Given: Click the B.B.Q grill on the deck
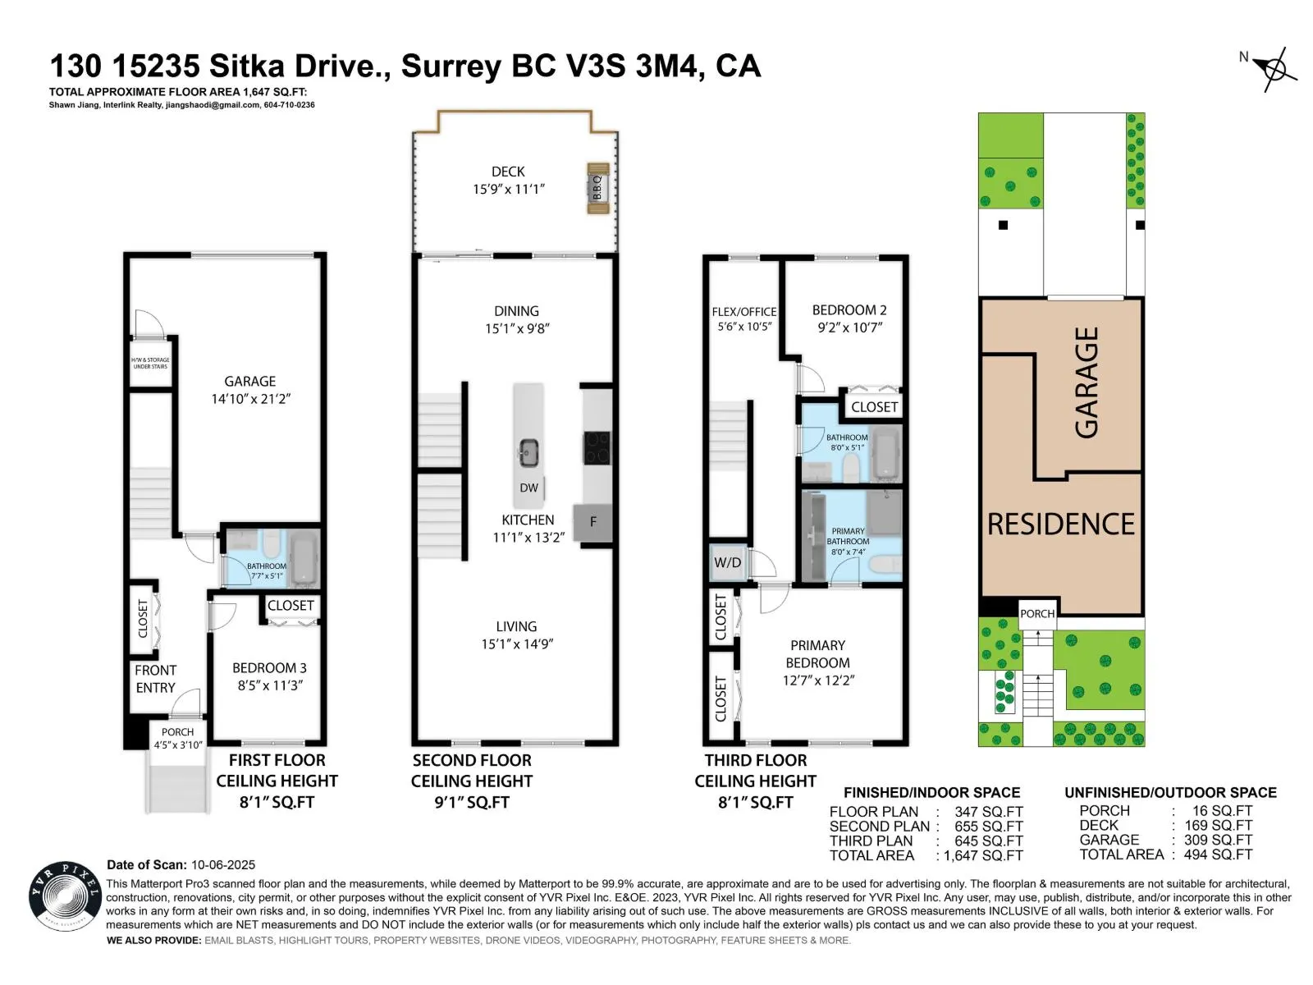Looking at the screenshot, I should point(597,188).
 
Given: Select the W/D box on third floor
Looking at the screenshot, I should point(727,562).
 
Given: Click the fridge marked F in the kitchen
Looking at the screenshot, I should point(593,522).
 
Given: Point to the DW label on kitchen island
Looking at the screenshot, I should point(528,488).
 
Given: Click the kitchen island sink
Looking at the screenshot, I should point(528,451).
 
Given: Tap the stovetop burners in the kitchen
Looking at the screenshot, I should point(597,448).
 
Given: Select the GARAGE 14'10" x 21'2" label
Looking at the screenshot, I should point(250,390).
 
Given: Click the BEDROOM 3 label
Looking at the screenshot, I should point(269,668).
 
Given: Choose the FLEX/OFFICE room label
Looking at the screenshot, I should point(743,312).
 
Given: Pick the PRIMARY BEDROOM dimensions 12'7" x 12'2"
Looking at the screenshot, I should point(818,680).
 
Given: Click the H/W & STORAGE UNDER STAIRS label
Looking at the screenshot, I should point(150,363).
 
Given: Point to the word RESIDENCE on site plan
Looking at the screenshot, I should point(1060,524).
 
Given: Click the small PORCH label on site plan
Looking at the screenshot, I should point(1037,613).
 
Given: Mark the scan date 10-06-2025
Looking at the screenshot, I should point(223,864).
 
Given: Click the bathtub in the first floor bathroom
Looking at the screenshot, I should point(303,558).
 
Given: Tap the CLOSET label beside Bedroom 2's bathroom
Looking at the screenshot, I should point(874,406).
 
